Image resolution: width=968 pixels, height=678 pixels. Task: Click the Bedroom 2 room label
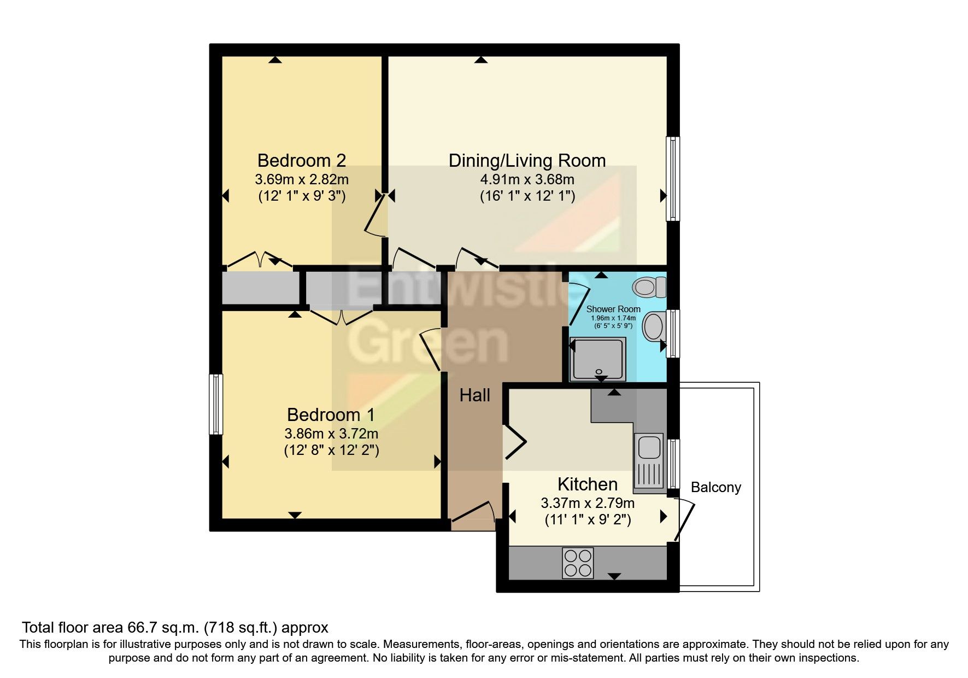[x=301, y=161]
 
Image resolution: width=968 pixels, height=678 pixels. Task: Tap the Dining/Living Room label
[x=527, y=161]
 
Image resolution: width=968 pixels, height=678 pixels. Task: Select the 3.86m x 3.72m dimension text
[x=331, y=434]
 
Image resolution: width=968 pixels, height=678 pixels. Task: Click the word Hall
[x=474, y=395]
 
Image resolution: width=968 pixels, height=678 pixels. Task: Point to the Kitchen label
[x=588, y=484]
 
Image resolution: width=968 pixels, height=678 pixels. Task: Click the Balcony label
[x=715, y=487]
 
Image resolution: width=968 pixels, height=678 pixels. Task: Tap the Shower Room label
[x=613, y=309]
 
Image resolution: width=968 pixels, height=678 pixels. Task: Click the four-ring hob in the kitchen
[x=578, y=563]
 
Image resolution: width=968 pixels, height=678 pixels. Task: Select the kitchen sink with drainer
[x=649, y=461]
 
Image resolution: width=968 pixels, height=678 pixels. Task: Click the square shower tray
[x=597, y=359]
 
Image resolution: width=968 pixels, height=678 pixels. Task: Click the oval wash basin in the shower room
[x=653, y=326]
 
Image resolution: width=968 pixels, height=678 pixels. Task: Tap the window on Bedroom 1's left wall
[x=216, y=404]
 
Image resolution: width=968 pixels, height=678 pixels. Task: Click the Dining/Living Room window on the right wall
[x=673, y=178]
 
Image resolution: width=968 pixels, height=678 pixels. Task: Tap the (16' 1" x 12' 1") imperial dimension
[x=527, y=196]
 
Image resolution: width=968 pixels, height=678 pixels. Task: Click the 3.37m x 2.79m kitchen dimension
[x=588, y=502]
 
